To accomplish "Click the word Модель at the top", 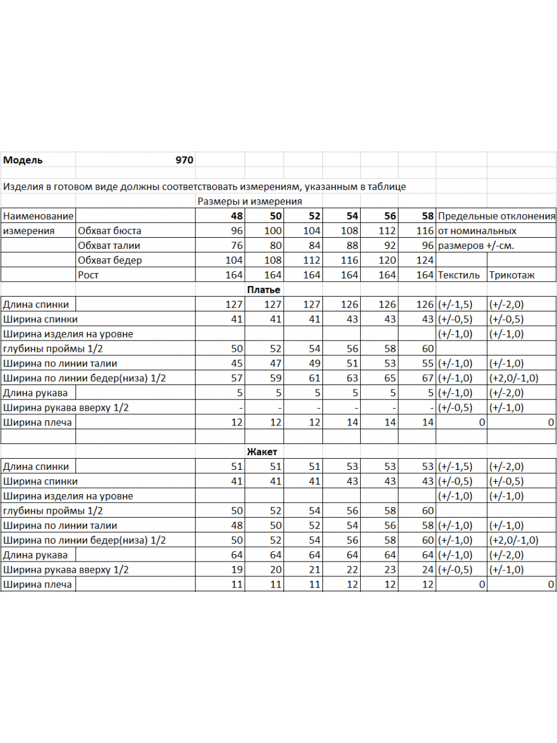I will pyautogui.click(x=23, y=160).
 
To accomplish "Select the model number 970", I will pyautogui.click(x=184, y=160).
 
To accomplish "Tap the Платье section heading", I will pyautogui.click(x=263, y=290).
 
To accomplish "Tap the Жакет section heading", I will pyautogui.click(x=262, y=452).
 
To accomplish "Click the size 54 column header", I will pyautogui.click(x=352, y=216).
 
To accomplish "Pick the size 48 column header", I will pyautogui.click(x=236, y=216).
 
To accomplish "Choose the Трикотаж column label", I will pyautogui.click(x=512, y=275).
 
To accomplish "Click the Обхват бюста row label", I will pyautogui.click(x=110, y=231).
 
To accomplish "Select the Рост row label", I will pyautogui.click(x=89, y=275).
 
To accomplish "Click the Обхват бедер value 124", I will pyautogui.click(x=425, y=260).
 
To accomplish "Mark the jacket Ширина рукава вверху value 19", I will pyautogui.click(x=236, y=570).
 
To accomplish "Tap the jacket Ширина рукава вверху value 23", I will pyautogui.click(x=389, y=570).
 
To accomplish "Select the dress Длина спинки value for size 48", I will pyautogui.click(x=234, y=305).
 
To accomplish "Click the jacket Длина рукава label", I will pyautogui.click(x=35, y=555).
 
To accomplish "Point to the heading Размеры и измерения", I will pyautogui.click(x=249, y=201).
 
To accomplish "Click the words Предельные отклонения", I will pyautogui.click(x=496, y=216).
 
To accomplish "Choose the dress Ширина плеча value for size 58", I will pyautogui.click(x=428, y=422).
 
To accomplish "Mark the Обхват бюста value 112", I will pyautogui.click(x=387, y=231).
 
